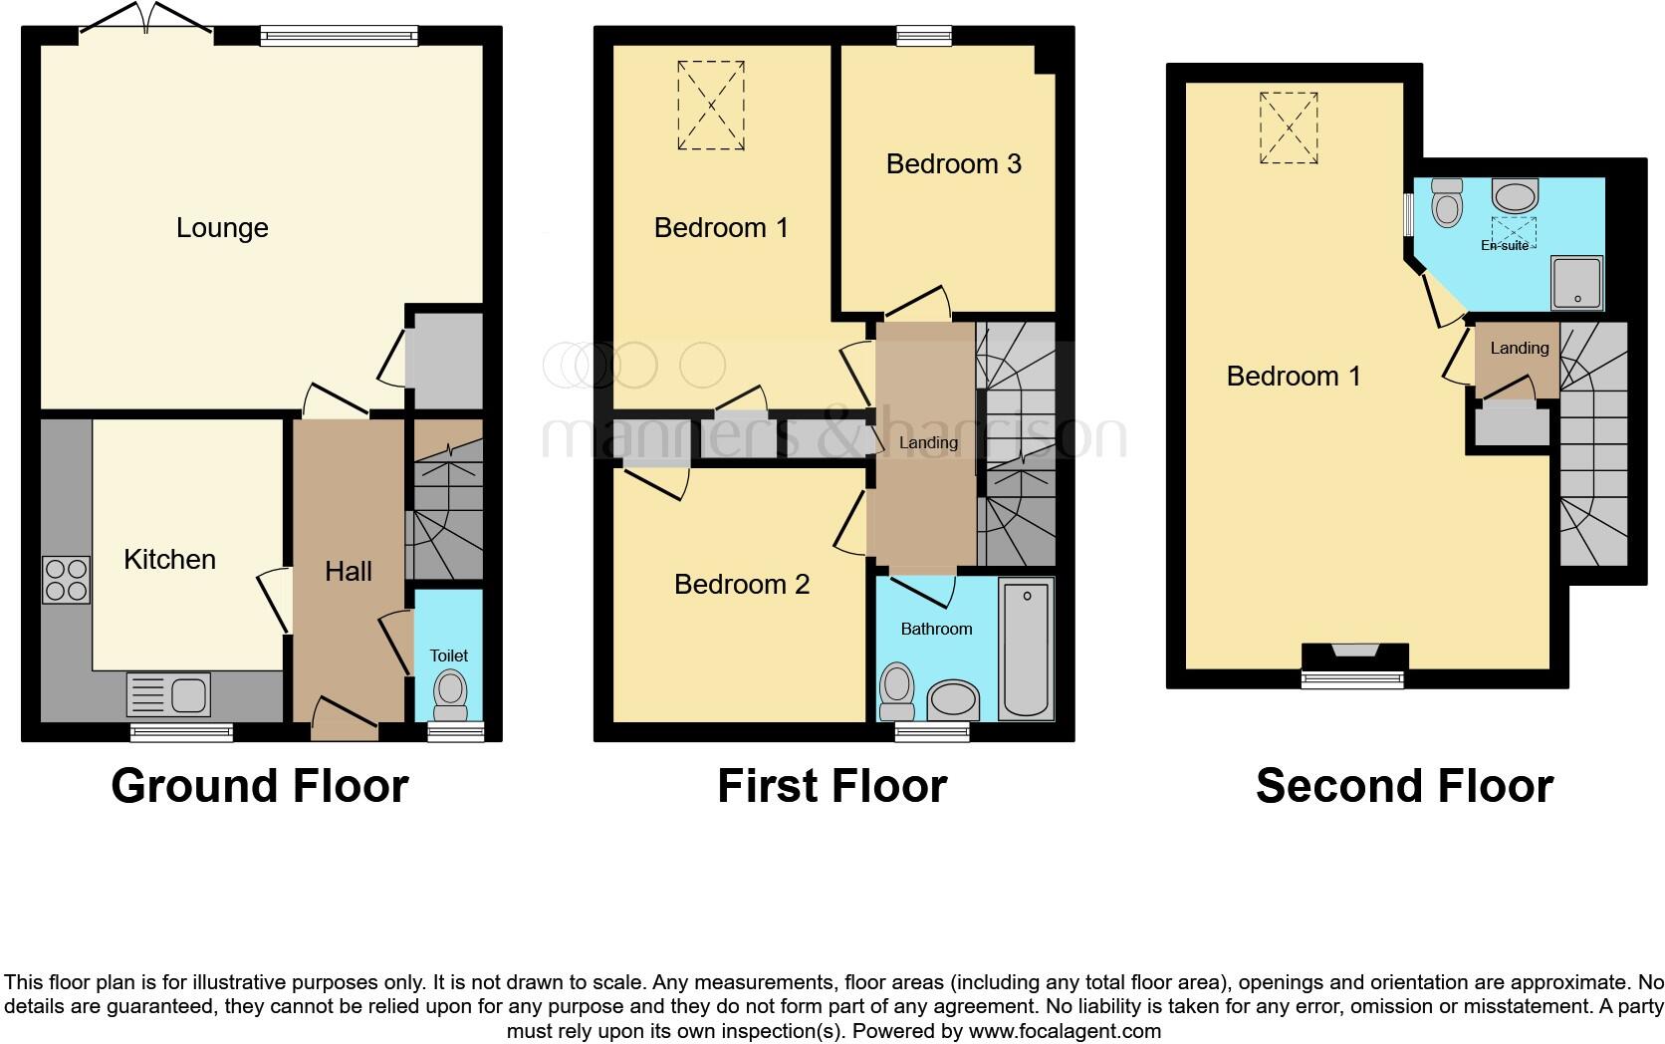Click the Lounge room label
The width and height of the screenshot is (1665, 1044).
(222, 228)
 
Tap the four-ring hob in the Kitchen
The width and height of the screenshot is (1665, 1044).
(66, 580)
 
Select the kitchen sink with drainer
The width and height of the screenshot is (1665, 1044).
(169, 694)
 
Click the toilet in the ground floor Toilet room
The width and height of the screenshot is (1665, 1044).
(450, 693)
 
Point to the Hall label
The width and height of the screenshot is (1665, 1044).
(348, 571)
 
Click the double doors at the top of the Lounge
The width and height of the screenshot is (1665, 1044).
(145, 22)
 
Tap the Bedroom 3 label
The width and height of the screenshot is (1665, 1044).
(953, 164)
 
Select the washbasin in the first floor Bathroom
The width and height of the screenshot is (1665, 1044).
(953, 700)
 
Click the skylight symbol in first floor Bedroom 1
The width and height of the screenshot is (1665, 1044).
(711, 106)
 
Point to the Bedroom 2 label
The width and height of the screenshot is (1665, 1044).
(741, 585)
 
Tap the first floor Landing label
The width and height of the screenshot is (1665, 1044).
(927, 442)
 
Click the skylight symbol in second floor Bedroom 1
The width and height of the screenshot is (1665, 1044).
(1290, 129)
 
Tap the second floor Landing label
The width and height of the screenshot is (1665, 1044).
(1519, 348)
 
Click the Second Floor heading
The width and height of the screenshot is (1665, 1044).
(1403, 786)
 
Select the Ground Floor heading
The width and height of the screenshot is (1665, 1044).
(259, 786)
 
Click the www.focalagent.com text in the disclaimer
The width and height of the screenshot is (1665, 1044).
(1065, 1031)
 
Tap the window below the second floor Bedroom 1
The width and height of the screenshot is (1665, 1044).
(1353, 679)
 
